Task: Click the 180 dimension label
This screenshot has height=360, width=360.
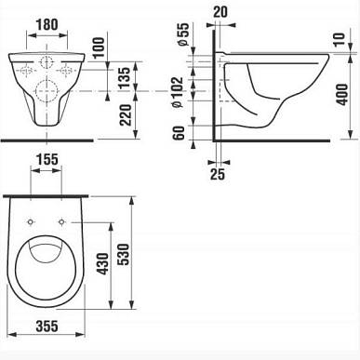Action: [47, 25]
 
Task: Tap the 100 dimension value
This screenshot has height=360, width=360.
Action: [99, 47]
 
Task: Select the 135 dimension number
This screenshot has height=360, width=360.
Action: [125, 78]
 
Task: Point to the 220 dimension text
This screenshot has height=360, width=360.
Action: [126, 115]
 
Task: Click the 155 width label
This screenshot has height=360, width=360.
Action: [47, 160]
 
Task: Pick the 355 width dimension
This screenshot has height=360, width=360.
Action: [47, 327]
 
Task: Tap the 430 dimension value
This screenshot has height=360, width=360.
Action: [103, 264]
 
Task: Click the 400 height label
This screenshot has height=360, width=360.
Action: [342, 94]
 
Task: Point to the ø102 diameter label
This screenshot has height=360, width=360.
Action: [179, 92]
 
